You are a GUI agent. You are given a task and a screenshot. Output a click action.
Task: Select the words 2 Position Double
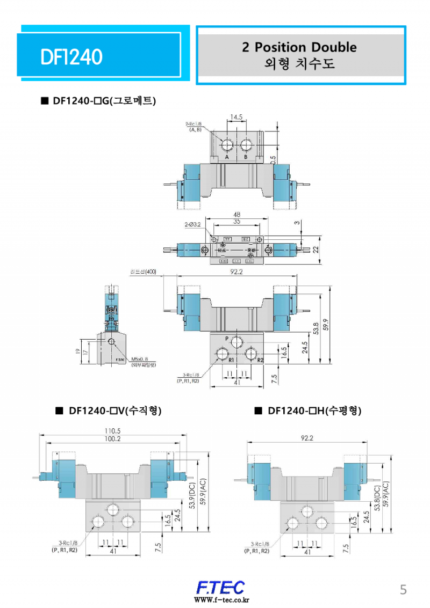tap(299, 47)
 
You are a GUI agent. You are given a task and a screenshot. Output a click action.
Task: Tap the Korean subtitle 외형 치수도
tap(299, 64)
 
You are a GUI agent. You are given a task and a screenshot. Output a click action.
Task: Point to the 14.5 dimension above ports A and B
tap(236, 116)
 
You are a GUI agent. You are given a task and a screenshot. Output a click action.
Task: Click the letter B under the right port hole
tap(246, 158)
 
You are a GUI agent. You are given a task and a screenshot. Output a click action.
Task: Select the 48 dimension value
tap(236, 215)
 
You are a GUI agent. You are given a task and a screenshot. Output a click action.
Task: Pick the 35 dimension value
tap(236, 221)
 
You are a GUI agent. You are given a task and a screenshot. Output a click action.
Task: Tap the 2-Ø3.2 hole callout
tap(192, 224)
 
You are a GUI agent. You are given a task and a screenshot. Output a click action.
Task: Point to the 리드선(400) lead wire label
tap(143, 272)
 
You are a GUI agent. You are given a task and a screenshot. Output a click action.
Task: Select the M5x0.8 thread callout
tap(141, 359)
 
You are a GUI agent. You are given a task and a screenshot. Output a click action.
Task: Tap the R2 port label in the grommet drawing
tap(260, 360)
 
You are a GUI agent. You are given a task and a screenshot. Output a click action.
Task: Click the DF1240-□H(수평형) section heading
tap(308, 411)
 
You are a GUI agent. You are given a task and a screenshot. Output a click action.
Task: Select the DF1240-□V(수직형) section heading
tap(109, 411)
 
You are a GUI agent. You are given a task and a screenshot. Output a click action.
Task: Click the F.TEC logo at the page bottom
tap(220, 587)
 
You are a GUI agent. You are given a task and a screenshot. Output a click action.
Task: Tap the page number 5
tap(403, 590)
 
